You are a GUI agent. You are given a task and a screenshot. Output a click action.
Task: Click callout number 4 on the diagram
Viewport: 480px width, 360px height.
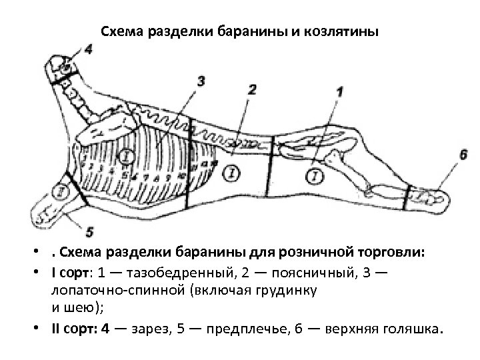89,49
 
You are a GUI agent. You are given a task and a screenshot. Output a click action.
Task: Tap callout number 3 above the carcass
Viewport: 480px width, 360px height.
201,81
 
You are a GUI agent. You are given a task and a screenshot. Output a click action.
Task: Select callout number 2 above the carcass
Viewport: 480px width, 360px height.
251,89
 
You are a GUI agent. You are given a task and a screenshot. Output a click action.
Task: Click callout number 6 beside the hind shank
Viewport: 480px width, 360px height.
463,154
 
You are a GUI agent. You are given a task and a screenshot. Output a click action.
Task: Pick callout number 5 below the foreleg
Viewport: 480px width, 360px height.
89,232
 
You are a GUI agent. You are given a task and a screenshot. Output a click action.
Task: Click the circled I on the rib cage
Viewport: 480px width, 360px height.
126,156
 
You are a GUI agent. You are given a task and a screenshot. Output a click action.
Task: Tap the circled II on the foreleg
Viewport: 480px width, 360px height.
61,191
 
